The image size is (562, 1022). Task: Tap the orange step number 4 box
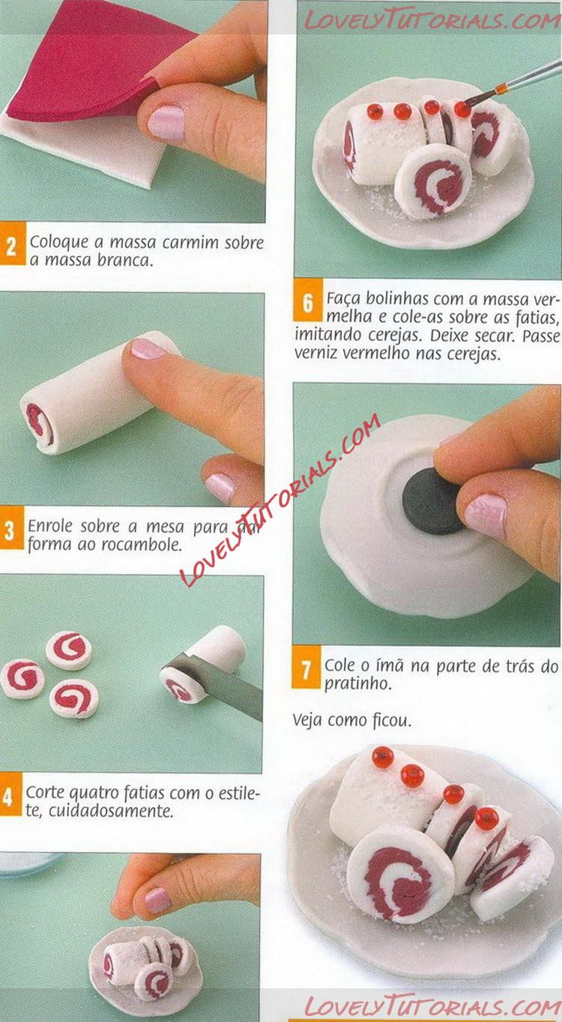pos(10,796)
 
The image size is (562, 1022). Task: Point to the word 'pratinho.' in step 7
pos(357,684)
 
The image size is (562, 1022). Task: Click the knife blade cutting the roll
pos(214,677)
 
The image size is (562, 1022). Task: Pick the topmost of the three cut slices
pos(69,650)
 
